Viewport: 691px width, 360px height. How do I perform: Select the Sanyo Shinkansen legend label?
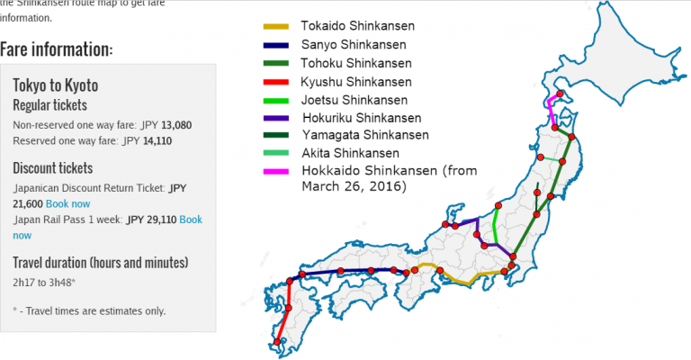(341, 44)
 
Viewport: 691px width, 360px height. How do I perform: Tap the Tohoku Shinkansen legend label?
(344, 63)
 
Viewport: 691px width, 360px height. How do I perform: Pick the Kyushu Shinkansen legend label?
(344, 81)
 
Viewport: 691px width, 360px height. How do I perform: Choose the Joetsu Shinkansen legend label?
(341, 99)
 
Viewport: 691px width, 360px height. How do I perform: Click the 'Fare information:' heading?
(57, 49)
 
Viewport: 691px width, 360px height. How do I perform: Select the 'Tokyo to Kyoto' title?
(56, 85)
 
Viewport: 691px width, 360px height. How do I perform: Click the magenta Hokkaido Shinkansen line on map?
(552, 115)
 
